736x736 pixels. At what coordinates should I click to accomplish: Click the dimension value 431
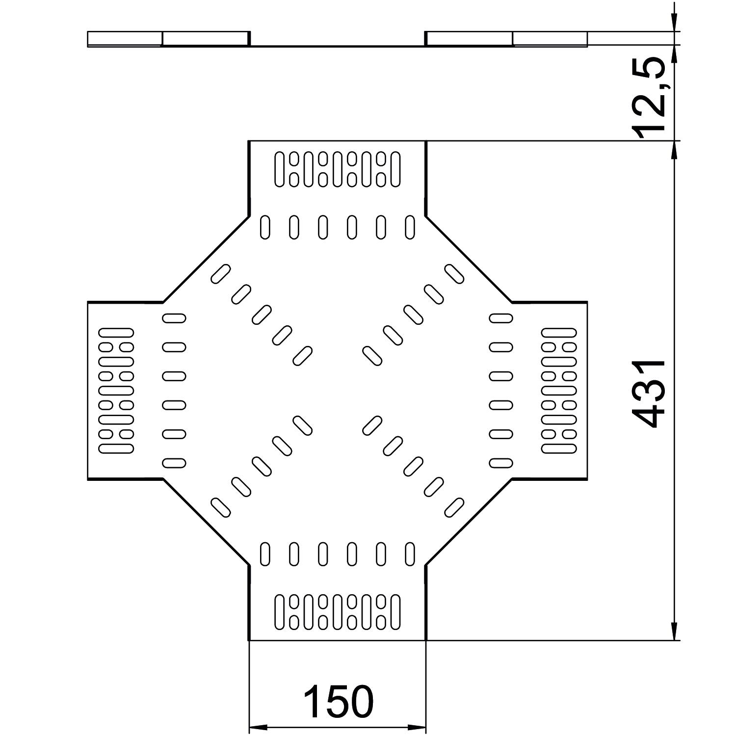click(x=649, y=394)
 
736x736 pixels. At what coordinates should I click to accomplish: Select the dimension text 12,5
click(x=649, y=98)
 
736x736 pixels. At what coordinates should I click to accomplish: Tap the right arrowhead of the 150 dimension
click(x=417, y=727)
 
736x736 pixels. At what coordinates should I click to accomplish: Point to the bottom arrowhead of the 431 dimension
click(x=675, y=631)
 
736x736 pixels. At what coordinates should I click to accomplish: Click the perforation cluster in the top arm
click(x=338, y=169)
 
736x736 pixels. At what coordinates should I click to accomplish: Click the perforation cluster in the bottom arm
click(x=338, y=612)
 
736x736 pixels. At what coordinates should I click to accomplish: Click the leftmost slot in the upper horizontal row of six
click(x=265, y=227)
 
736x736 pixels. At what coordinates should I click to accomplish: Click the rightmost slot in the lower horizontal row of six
click(x=410, y=554)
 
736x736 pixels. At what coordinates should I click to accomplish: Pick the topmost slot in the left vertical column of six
click(x=174, y=318)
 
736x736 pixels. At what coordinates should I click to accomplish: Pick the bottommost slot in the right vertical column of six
click(x=501, y=463)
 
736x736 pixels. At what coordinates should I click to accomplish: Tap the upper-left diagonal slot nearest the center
click(x=302, y=355)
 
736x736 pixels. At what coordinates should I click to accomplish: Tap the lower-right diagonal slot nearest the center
click(x=372, y=425)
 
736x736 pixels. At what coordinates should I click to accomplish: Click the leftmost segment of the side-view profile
click(x=125, y=39)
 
